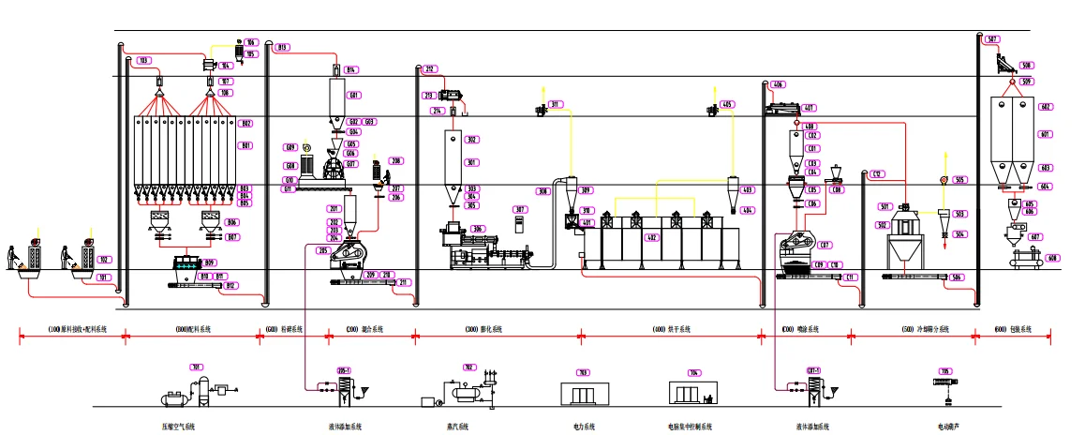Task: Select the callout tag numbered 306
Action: (x=478, y=229)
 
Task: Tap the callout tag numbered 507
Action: (x=992, y=39)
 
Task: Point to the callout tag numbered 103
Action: (x=143, y=61)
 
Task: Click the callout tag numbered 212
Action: (x=429, y=69)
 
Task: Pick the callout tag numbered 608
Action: (x=1052, y=259)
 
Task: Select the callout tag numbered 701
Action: (x=197, y=367)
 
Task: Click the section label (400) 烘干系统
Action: (x=672, y=330)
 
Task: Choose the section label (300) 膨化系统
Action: (x=484, y=330)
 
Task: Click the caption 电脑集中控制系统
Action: (x=690, y=427)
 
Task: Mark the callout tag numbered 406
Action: (x=778, y=85)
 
